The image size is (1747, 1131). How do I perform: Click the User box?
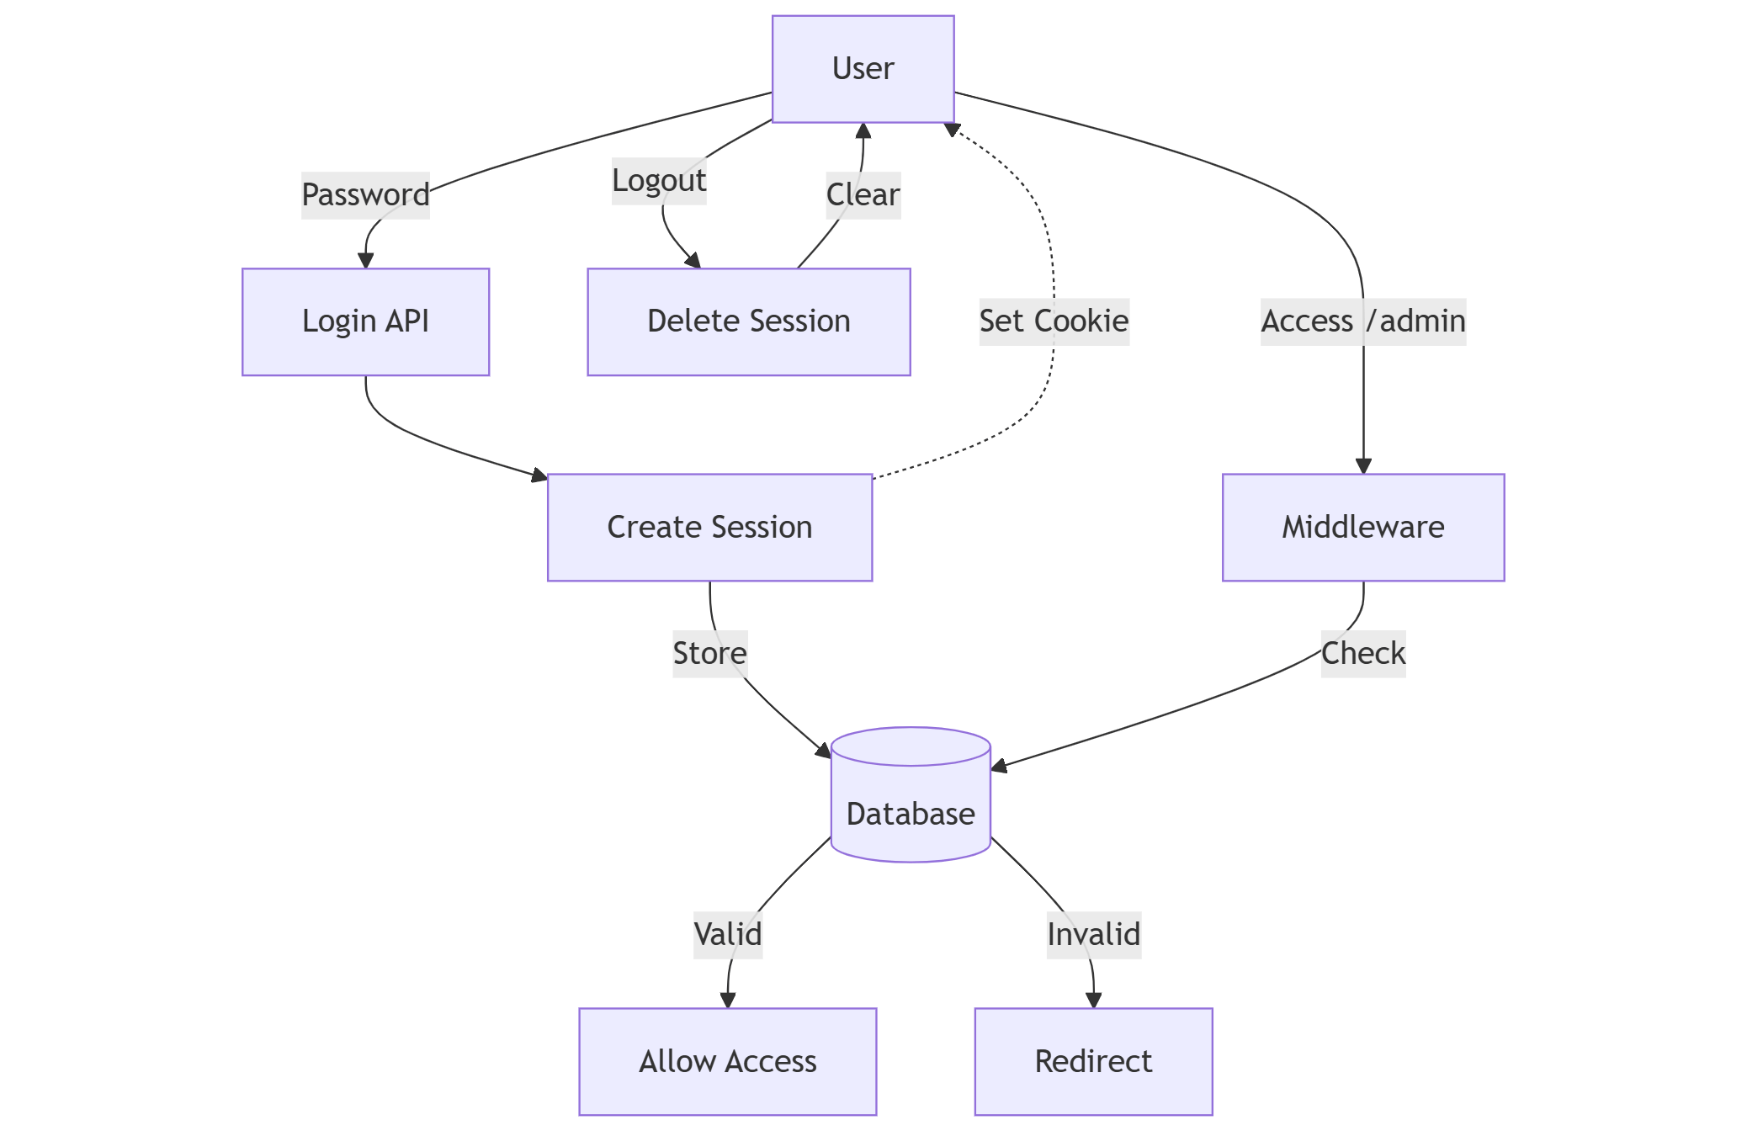pos(863,69)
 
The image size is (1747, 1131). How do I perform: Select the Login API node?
pos(365,321)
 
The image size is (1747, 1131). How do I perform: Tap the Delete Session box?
pos(748,321)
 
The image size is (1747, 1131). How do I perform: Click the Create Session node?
pos(709,528)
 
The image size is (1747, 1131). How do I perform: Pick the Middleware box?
pos(1362,528)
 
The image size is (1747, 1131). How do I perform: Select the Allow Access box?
pos(727,1061)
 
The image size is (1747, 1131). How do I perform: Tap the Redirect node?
pos(1093,1061)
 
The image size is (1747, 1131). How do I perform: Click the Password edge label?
pos(365,195)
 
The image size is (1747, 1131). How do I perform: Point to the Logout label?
pos(659,181)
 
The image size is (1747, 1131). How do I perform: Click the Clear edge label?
pos(863,195)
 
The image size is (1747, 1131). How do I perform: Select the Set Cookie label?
pos(1054,321)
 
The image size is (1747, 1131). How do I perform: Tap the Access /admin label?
pos(1362,321)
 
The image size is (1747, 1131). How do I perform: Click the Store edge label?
pos(709,654)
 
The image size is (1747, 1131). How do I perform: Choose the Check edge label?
pos(1362,654)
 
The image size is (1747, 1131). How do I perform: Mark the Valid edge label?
pos(727,935)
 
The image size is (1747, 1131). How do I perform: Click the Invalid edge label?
pos(1093,935)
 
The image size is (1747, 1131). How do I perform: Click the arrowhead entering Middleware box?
pos(1363,466)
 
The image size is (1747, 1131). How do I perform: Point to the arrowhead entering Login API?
pos(365,261)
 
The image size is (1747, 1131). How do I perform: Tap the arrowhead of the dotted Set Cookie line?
pos(951,130)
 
